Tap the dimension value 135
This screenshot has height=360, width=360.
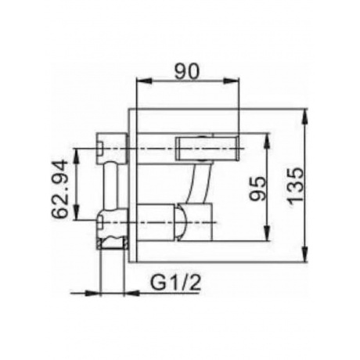(294, 185)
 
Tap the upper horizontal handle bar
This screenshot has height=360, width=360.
(208, 145)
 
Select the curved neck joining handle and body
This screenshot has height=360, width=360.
(200, 181)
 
